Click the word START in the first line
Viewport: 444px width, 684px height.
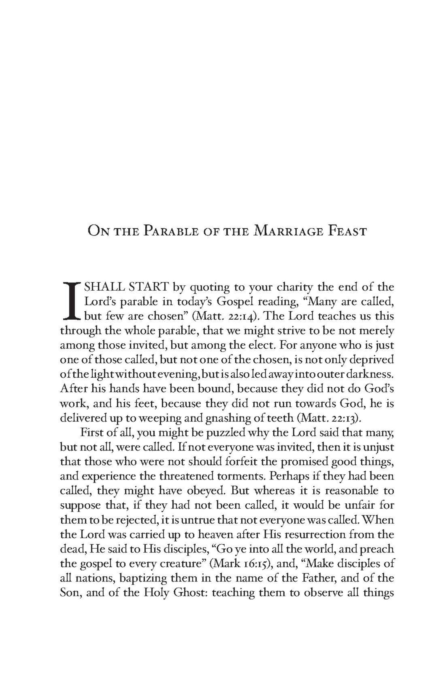point(148,287)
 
